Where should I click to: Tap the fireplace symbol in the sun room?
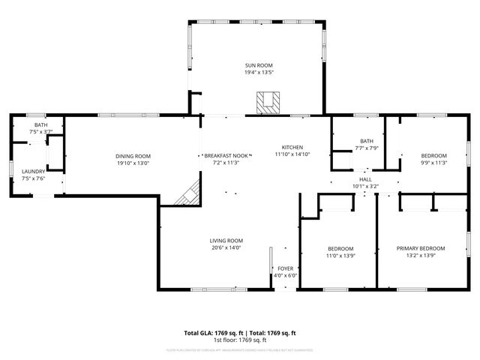[265, 101]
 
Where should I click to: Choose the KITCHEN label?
[292, 147]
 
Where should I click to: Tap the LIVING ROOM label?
[226, 241]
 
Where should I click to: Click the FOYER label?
[286, 268]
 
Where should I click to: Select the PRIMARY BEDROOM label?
[421, 248]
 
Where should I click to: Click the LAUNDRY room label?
[33, 172]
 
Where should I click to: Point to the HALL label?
[365, 180]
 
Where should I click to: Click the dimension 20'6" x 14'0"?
[226, 248]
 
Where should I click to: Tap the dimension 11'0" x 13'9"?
[340, 256]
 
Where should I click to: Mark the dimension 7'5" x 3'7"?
[40, 132]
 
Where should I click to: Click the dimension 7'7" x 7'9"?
[367, 148]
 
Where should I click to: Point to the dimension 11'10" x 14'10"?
[292, 154]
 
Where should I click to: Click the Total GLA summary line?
[240, 332]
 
